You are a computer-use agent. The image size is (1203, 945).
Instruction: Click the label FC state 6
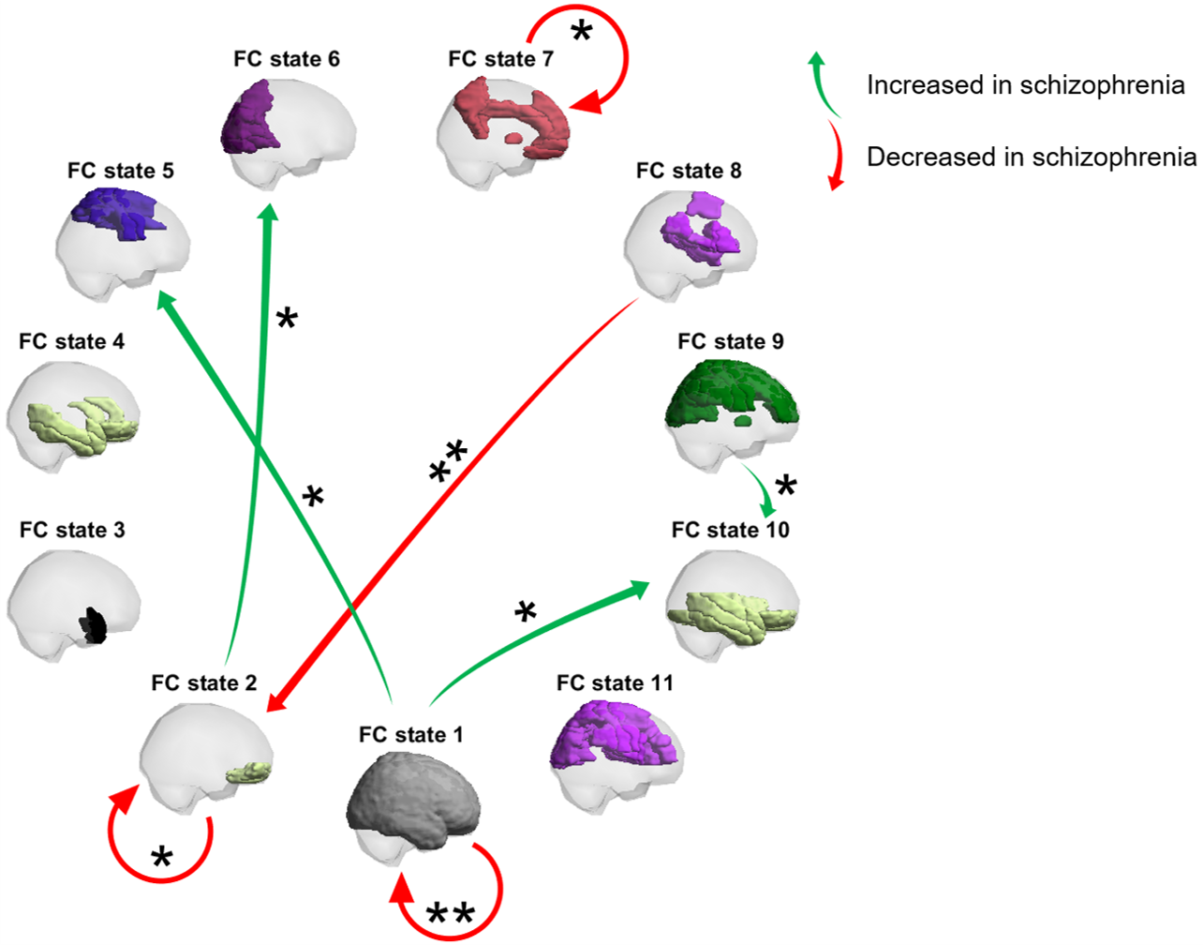286,59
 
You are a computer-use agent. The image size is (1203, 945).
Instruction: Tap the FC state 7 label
500,59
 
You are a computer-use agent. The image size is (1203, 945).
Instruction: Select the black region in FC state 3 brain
93,624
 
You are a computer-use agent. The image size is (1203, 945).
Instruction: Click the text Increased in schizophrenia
1025,85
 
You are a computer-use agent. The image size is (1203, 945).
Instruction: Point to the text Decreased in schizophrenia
1031,157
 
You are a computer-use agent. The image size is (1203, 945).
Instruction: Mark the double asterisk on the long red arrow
448,459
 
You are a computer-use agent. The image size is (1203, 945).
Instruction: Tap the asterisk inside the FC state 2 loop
162,856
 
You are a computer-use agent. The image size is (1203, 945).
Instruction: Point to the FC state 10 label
730,530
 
